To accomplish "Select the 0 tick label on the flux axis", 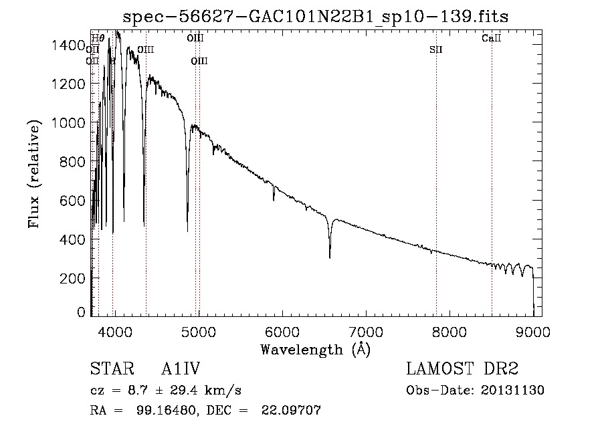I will click(x=82, y=312).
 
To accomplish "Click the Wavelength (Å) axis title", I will click(x=314, y=348).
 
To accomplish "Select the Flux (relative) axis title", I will click(x=33, y=173).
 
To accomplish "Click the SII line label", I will click(x=436, y=49).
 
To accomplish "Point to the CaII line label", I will click(x=492, y=39).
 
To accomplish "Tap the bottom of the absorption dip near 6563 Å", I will click(x=330, y=257).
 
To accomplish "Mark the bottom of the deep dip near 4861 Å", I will click(x=187, y=231).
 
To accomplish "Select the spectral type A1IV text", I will click(x=181, y=369).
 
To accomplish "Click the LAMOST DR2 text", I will click(x=462, y=369).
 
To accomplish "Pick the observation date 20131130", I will click(x=512, y=391).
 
